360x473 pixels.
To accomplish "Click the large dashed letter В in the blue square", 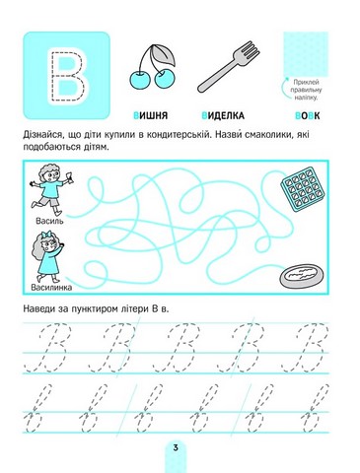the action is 68,76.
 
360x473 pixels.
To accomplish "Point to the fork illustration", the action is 229,66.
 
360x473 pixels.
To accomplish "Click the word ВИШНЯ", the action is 151,115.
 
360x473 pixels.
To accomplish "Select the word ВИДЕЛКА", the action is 223,115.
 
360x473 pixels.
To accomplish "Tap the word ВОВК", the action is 308,115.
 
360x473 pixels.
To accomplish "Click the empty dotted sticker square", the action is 306,54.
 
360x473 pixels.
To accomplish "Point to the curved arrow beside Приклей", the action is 284,88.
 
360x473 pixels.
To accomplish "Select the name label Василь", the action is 49,221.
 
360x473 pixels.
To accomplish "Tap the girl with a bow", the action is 48,256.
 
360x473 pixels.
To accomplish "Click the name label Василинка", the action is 51,288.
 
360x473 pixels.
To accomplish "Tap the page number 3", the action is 176,447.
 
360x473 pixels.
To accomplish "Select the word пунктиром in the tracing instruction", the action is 96,309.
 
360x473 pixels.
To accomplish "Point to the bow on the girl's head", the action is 45,235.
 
